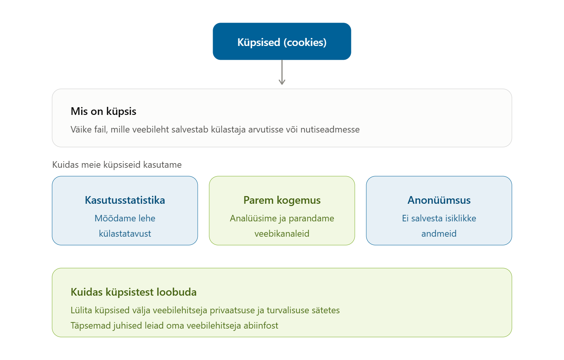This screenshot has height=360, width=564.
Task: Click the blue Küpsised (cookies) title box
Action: click(x=282, y=41)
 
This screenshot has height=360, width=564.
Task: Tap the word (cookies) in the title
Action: click(x=305, y=42)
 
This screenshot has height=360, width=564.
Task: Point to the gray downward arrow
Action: click(x=282, y=72)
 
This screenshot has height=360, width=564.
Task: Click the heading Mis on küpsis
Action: click(x=103, y=111)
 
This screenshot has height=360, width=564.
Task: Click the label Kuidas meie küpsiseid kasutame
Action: click(x=117, y=165)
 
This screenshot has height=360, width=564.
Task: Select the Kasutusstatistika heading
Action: click(x=125, y=200)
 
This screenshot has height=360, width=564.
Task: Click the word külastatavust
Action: click(x=125, y=234)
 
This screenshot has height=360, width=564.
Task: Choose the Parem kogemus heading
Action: click(x=282, y=200)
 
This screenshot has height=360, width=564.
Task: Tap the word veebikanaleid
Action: click(x=282, y=234)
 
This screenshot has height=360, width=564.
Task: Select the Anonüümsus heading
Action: click(x=439, y=200)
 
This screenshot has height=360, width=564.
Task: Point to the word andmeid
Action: click(x=439, y=234)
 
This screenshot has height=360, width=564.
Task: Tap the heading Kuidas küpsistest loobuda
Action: click(x=133, y=292)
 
